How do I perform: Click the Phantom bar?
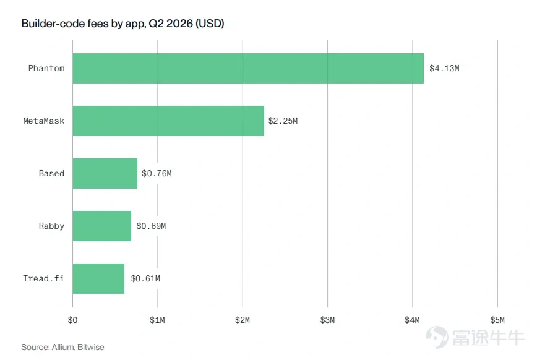pyautogui.click(x=248, y=68)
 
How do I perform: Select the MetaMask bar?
pyautogui.click(x=168, y=121)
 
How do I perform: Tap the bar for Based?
pyautogui.click(x=105, y=173)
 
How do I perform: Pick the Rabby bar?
pyautogui.click(x=101, y=226)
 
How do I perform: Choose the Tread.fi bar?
pyautogui.click(x=98, y=278)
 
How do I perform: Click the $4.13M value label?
pyautogui.click(x=444, y=68)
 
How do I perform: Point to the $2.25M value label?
pyautogui.click(x=283, y=121)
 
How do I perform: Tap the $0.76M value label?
pyautogui.click(x=157, y=173)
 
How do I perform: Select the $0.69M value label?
pyautogui.click(x=151, y=226)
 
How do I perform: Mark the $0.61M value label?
pyautogui.click(x=145, y=278)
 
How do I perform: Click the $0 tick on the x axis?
pyautogui.click(x=72, y=320)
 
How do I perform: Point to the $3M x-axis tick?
pyautogui.click(x=327, y=320)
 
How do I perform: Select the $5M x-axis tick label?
pyautogui.click(x=497, y=320)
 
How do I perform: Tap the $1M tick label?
pyautogui.click(x=157, y=320)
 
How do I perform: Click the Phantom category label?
pyautogui.click(x=46, y=68)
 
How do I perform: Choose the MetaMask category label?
pyautogui.click(x=43, y=121)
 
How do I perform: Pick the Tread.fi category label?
pyautogui.click(x=43, y=278)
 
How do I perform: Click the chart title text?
pyautogui.click(x=122, y=24)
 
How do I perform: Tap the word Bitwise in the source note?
pyautogui.click(x=91, y=347)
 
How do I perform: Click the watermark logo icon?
pyautogui.click(x=437, y=337)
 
